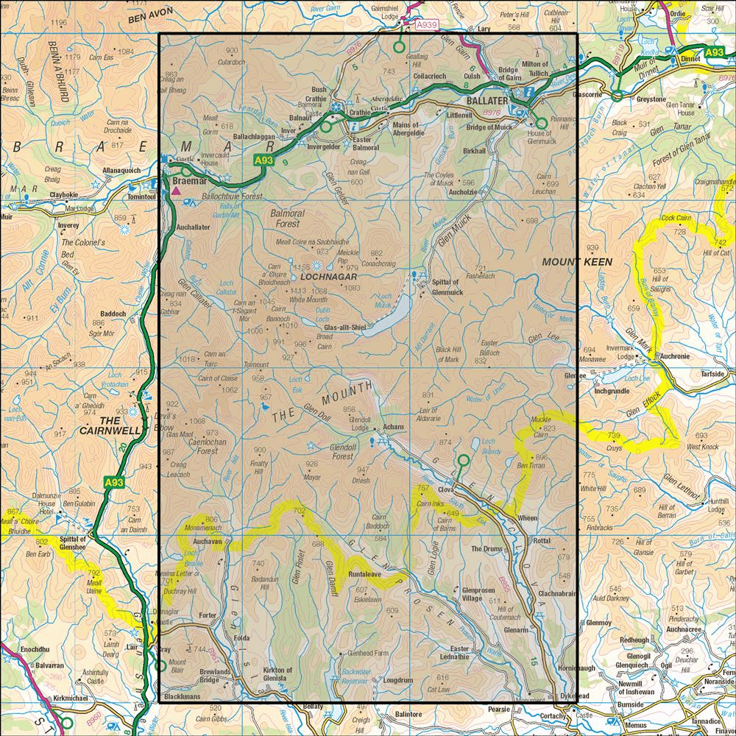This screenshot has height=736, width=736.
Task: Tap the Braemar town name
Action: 186,179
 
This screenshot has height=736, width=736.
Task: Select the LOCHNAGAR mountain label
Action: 329,277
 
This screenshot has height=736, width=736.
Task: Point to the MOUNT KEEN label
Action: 572,261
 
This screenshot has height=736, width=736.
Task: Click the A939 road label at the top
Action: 427,25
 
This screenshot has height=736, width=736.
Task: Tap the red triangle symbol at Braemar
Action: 175,192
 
